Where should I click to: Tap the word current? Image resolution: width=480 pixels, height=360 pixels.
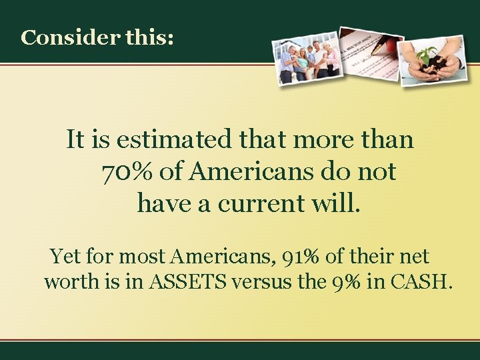click(x=273, y=203)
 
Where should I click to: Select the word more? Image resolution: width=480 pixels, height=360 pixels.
click(x=315, y=140)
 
